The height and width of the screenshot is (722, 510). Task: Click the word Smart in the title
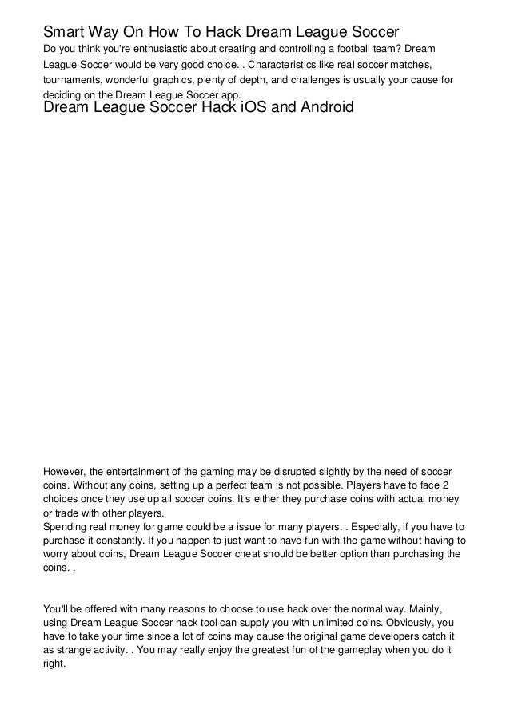(62, 33)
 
